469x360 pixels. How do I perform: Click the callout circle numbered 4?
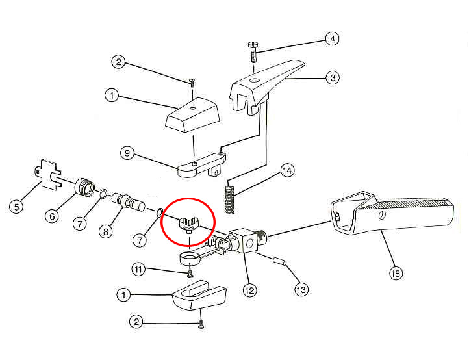coord(332,38)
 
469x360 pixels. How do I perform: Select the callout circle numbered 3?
coord(333,78)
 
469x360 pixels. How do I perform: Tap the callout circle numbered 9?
coord(127,153)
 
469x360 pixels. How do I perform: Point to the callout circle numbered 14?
coord(287,170)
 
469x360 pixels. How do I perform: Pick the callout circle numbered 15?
coord(396,273)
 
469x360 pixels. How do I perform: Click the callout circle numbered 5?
coord(16,207)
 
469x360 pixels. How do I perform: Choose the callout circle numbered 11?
coord(138,270)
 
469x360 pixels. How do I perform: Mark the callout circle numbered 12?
coord(249,290)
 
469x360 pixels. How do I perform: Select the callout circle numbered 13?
coord(301,289)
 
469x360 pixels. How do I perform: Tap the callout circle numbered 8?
coord(106,231)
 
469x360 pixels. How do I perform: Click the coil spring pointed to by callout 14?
coord(229,199)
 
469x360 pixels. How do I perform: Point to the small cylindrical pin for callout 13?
coord(280,261)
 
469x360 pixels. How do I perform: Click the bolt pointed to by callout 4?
coord(253,52)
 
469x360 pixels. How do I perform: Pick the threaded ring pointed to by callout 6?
coord(84,187)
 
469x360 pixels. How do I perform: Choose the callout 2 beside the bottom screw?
coord(136,322)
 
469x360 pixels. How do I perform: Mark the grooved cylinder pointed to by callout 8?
coord(129,202)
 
